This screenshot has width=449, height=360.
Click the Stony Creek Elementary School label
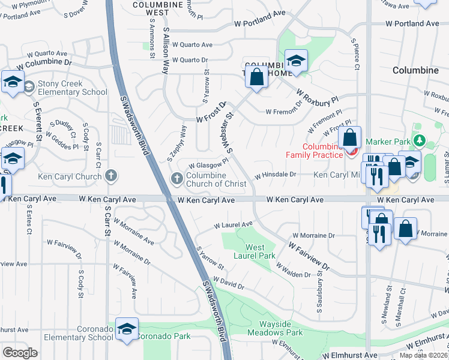pyautogui.click(x=72, y=88)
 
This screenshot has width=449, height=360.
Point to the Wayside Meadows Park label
pyautogui.click(x=276, y=328)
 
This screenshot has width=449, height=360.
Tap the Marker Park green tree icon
pyautogui.click(x=419, y=142)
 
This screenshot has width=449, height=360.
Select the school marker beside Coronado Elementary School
pyautogui.click(x=126, y=329)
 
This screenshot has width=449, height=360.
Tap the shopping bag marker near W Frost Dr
pyautogui.click(x=256, y=77)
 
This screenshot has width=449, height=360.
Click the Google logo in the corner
pyautogui.click(x=20, y=352)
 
